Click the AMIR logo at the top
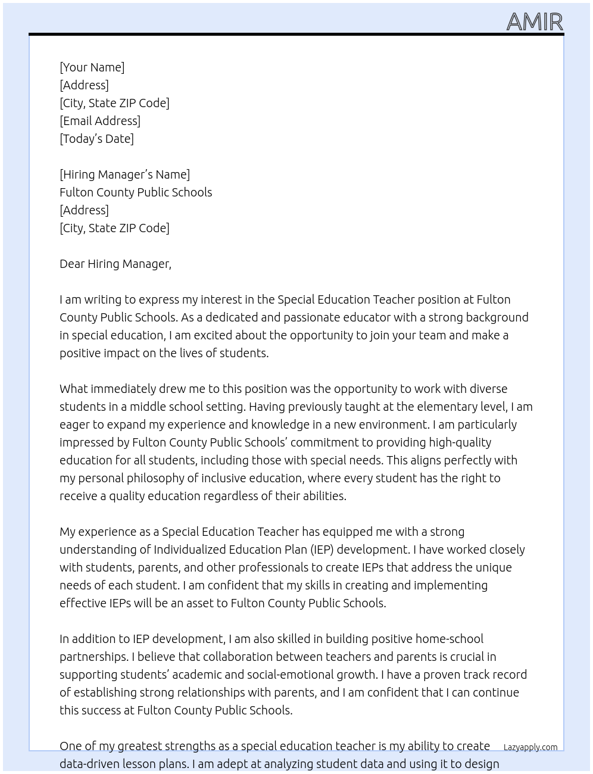(534, 22)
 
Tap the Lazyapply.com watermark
(530, 747)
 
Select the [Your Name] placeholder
(92, 67)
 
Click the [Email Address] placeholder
(100, 121)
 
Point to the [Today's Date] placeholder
(96, 139)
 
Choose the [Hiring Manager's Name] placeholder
(124, 174)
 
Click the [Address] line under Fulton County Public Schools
(84, 210)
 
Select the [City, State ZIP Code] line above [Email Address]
(114, 103)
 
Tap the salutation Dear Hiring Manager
(115, 264)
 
